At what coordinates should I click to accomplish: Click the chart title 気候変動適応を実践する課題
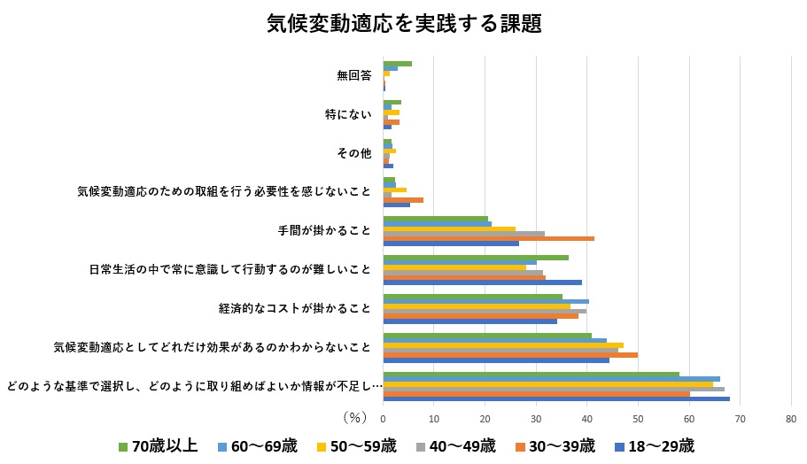point(403,24)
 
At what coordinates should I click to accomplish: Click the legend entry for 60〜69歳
point(256,445)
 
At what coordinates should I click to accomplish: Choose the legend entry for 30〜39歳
point(555,445)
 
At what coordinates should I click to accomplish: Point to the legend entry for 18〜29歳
point(654,445)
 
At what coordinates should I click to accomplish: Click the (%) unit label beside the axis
point(354,415)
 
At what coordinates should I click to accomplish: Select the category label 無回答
point(353,75)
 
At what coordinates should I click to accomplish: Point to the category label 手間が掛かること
point(324,230)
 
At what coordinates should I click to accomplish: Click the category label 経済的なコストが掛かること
point(294,308)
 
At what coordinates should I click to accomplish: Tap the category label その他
point(353,153)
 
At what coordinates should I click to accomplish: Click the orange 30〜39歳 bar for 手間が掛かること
point(488,238)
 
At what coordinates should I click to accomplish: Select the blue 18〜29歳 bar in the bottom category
point(556,398)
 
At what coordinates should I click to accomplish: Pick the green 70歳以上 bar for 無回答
point(397,64)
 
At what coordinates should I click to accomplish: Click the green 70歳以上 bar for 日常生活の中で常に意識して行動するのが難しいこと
point(476,258)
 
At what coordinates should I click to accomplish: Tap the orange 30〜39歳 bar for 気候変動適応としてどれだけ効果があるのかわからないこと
point(510,354)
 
